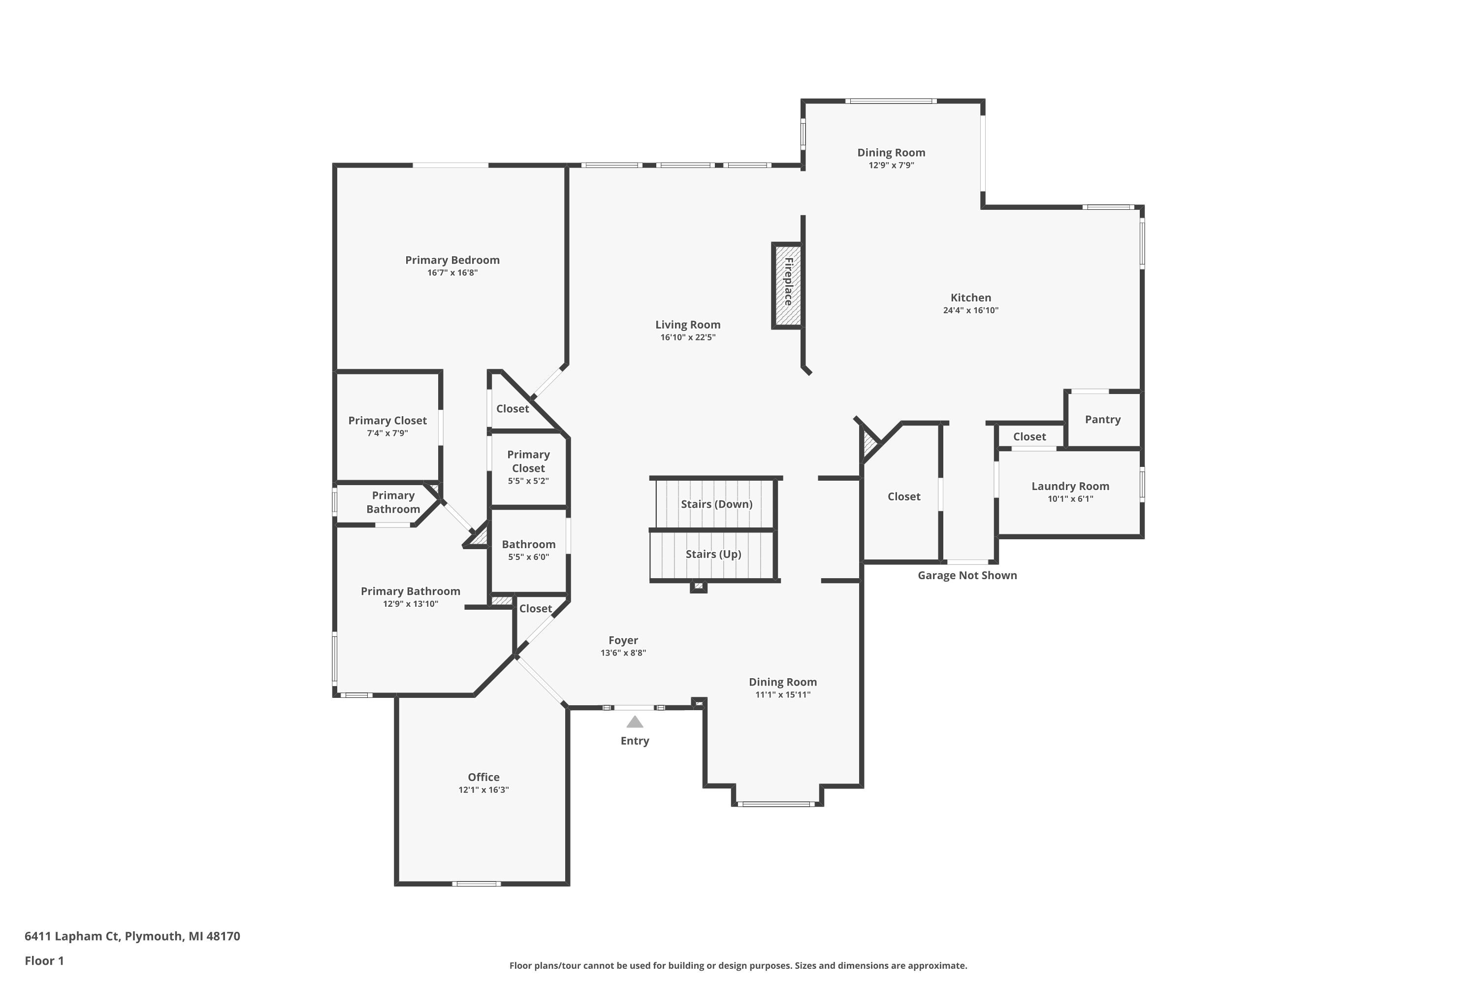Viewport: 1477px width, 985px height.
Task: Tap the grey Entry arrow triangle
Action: pyautogui.click(x=635, y=722)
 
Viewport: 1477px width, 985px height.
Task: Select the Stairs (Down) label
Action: pyautogui.click(x=716, y=504)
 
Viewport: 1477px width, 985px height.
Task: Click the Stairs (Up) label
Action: pyautogui.click(x=713, y=554)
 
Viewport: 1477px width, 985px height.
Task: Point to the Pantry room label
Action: pyautogui.click(x=1102, y=420)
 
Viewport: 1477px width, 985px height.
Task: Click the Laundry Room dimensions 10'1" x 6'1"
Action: pyautogui.click(x=1070, y=499)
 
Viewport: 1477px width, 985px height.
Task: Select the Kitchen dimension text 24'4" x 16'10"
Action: pyautogui.click(x=970, y=310)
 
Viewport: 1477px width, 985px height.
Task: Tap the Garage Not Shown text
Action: pyautogui.click(x=967, y=575)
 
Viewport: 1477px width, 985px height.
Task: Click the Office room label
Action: pyautogui.click(x=483, y=777)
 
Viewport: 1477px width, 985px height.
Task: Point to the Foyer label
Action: pyautogui.click(x=623, y=640)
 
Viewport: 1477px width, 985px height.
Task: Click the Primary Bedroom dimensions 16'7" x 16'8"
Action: pyautogui.click(x=452, y=273)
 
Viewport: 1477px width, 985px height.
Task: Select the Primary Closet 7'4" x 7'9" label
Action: pyautogui.click(x=387, y=426)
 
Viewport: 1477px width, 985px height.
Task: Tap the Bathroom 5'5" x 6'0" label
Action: pyautogui.click(x=528, y=550)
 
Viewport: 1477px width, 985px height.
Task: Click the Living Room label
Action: pyautogui.click(x=688, y=325)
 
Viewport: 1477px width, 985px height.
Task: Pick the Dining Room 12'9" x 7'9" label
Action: pyautogui.click(x=891, y=158)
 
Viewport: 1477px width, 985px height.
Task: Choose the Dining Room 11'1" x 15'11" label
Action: pyautogui.click(x=782, y=688)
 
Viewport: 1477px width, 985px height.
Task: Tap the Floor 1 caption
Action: pyautogui.click(x=44, y=960)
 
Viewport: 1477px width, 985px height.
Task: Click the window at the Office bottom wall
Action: pyautogui.click(x=476, y=884)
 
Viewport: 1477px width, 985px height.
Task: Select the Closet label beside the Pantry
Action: pyautogui.click(x=1029, y=436)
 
